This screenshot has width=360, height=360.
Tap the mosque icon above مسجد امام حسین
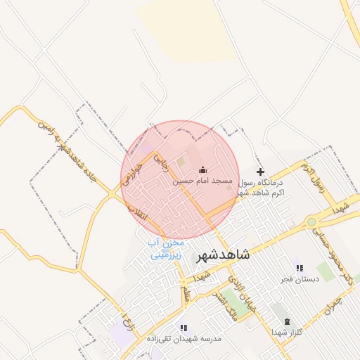click(x=203, y=169)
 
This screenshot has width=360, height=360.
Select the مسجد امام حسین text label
click(x=202, y=181)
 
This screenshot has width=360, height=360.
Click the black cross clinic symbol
click(x=260, y=172)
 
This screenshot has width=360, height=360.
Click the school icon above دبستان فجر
click(x=300, y=268)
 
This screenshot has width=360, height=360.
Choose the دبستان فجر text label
click(x=300, y=279)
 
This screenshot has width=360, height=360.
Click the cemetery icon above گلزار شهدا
click(x=285, y=321)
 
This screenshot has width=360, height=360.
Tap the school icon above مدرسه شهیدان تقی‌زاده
click(x=183, y=328)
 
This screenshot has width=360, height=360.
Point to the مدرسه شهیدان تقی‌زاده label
click(x=184, y=338)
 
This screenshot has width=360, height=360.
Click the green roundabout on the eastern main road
click(x=311, y=222)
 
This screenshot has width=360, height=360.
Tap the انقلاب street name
click(x=138, y=212)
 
